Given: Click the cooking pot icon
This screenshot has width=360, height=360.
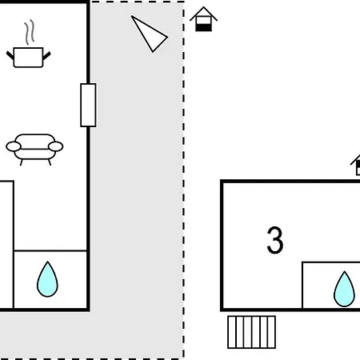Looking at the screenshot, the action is pos(28,57).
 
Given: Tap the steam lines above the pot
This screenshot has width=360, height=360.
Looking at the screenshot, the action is pos(30,31).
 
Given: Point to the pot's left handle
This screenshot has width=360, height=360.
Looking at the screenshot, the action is pos(10,55).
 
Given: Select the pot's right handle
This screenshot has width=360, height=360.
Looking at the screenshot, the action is pos(46,56).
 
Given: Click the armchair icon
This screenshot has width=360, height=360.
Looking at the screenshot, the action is pos(34,150).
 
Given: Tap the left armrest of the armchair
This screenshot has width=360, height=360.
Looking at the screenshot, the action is pos(14,146).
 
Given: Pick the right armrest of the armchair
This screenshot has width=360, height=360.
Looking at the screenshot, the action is pos(56,146).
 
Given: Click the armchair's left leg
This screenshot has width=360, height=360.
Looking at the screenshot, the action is pos(22,162).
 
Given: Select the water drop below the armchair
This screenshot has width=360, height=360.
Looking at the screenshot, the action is pos(47,279).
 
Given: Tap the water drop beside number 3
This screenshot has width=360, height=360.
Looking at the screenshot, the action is pos(344,289).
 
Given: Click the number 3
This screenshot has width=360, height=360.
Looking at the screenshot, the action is pos(275,240).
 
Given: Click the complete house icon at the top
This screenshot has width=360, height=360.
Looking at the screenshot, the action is pos(203,19).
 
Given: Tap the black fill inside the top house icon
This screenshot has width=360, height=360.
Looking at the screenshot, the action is pos(203,27).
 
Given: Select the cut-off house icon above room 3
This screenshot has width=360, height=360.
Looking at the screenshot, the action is pos(355,165).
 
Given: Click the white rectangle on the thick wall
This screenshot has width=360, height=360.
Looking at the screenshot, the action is pos(88,105).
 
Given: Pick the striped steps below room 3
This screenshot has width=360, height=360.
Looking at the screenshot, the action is pos(251,332).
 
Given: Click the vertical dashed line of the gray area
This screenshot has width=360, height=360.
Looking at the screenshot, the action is pos(183,179).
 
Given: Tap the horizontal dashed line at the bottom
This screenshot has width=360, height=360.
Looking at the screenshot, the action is pos(92,358).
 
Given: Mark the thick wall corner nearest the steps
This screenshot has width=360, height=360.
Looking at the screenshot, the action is pos(222,310).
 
